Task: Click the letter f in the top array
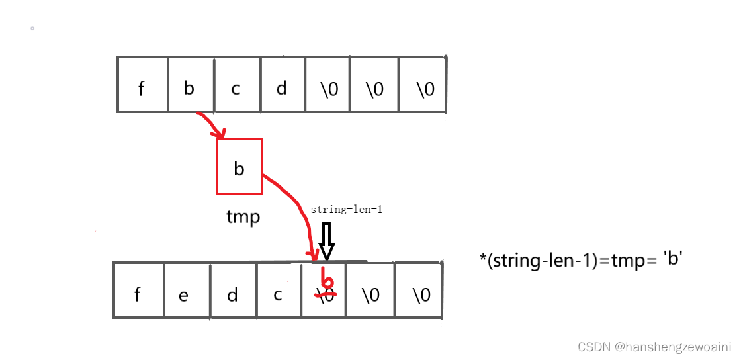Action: (x=141, y=89)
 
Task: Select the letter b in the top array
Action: (x=189, y=88)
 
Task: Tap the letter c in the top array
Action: (x=236, y=89)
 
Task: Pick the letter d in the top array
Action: (x=282, y=88)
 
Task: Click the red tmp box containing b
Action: (x=240, y=167)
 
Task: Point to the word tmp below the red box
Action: (x=243, y=217)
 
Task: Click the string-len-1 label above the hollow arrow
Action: (x=347, y=210)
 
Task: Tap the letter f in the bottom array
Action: (x=138, y=294)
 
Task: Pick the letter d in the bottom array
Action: (x=232, y=294)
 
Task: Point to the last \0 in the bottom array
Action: (x=421, y=294)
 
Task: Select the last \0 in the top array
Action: (x=425, y=89)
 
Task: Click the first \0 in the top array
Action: (x=328, y=89)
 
